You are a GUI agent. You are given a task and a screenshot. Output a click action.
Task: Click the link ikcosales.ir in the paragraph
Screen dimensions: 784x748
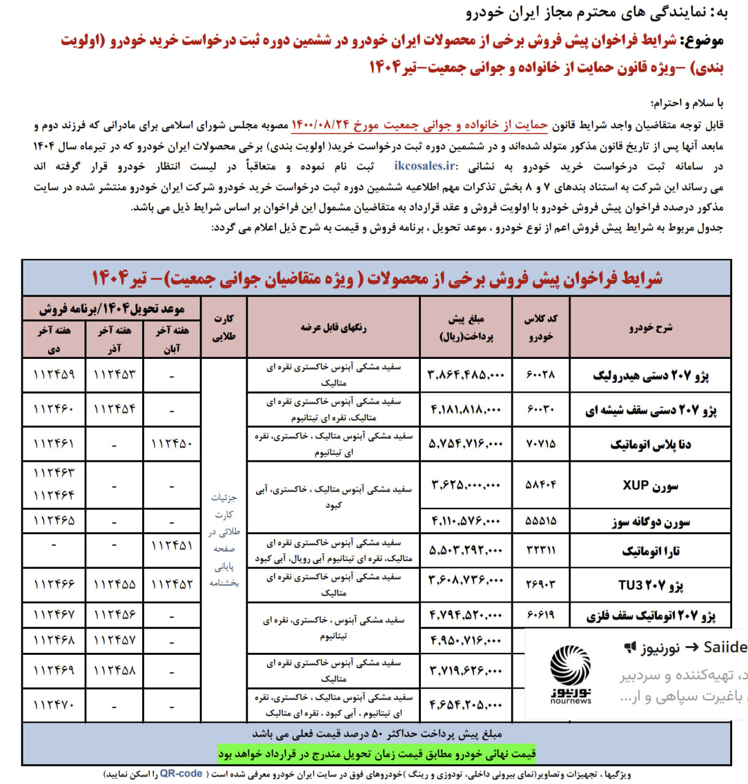(425, 166)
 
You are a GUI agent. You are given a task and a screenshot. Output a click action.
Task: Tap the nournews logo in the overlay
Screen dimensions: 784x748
(570, 674)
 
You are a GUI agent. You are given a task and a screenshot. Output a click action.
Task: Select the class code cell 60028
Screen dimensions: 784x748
(540, 375)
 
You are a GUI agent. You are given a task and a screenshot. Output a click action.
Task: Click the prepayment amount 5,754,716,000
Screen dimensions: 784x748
(466, 444)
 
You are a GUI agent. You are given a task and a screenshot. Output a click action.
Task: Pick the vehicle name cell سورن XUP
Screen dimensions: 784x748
(650, 486)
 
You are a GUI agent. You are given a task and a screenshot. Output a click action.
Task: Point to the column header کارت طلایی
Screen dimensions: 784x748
(224, 327)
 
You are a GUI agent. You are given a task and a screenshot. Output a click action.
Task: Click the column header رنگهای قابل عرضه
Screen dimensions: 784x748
(333, 327)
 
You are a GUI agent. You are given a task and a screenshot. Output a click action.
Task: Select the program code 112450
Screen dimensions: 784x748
(172, 444)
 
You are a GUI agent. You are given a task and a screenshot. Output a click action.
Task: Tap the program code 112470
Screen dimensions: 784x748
(54, 705)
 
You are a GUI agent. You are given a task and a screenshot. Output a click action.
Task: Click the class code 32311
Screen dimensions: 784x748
(540, 551)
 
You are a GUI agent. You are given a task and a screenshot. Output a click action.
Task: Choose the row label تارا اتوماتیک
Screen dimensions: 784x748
(650, 551)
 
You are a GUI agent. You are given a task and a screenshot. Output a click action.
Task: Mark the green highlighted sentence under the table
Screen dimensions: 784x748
(377, 753)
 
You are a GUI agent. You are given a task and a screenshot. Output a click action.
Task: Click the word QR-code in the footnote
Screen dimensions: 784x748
(181, 774)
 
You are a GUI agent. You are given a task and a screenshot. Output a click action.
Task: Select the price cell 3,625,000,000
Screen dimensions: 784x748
(466, 485)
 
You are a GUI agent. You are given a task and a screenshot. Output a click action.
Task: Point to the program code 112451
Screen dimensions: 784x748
(172, 545)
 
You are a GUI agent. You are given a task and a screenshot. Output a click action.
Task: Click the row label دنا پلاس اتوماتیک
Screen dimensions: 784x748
(650, 445)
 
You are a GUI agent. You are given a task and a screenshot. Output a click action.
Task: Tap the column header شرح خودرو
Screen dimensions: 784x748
(650, 327)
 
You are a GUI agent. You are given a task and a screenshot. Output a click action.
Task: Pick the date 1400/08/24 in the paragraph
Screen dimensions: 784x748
(320, 125)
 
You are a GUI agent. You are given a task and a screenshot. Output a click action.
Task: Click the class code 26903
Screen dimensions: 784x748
(540, 584)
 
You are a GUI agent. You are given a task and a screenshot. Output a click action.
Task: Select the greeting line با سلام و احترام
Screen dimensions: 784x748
(687, 103)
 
